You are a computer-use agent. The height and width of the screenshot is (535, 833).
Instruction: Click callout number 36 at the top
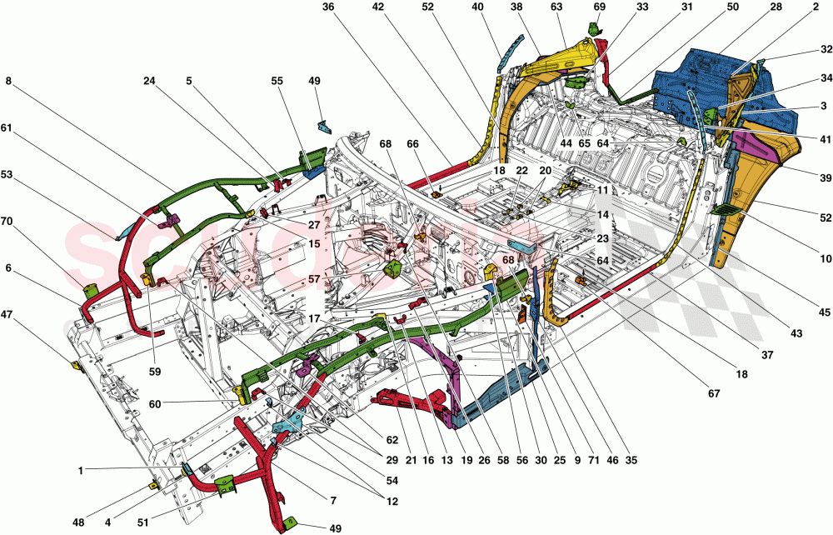tap(327, 7)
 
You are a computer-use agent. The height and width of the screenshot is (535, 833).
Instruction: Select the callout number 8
tap(8, 81)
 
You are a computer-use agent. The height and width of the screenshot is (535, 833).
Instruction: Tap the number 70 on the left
tap(7, 222)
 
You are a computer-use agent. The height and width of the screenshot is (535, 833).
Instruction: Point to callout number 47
tap(7, 315)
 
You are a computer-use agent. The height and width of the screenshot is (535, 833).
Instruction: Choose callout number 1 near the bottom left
tap(81, 471)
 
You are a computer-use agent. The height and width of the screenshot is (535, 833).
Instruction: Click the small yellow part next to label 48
tap(153, 483)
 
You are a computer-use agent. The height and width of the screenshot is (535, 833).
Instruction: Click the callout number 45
tap(824, 313)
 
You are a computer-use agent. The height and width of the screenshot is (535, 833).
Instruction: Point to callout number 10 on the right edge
tap(825, 259)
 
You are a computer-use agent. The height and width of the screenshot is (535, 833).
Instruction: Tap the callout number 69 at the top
tap(598, 7)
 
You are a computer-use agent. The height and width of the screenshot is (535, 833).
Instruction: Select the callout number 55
tap(277, 81)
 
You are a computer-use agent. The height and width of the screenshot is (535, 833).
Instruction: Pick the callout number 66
tap(412, 143)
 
